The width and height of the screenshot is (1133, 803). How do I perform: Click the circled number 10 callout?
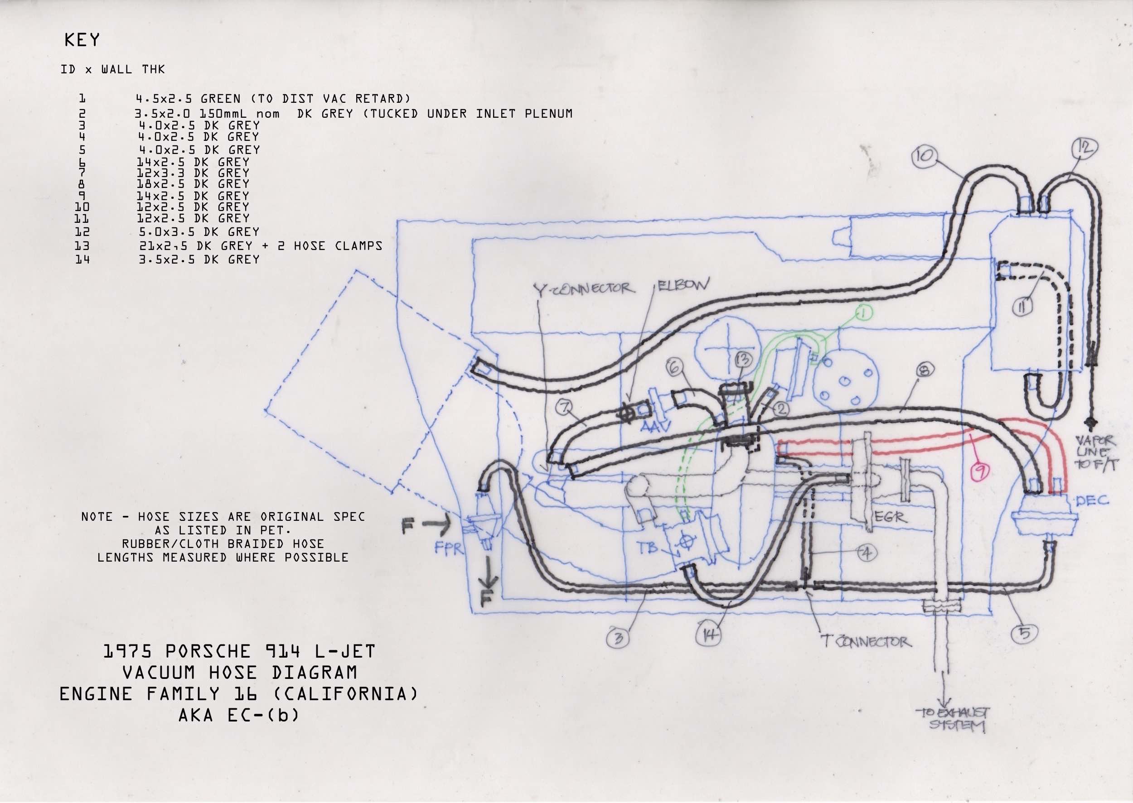(923, 156)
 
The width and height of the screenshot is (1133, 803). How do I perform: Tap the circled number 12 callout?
(1085, 147)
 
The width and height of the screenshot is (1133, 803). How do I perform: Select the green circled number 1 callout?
(862, 313)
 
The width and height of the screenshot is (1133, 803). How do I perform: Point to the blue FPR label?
(448, 549)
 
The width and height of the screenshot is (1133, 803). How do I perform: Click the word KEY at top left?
(82, 40)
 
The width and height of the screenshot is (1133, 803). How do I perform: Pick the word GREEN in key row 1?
(221, 98)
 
